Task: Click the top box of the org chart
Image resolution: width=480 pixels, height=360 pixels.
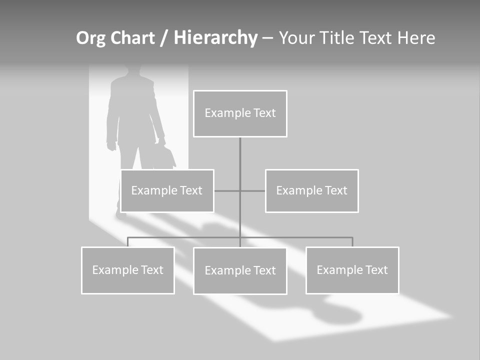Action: pos(240,113)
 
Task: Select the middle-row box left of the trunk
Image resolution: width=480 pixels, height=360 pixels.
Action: pos(167,191)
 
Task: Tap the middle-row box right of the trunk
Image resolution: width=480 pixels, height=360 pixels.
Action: pos(311,191)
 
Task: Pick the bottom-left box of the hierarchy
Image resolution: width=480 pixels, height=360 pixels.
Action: pos(127,270)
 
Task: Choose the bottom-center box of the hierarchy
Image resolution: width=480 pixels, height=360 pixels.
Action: pos(240,271)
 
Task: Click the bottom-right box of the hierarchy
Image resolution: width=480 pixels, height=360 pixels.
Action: pos(352,270)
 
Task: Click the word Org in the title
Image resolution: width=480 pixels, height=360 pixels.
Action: pos(90,38)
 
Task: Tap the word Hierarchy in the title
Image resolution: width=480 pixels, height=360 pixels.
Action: pos(215,38)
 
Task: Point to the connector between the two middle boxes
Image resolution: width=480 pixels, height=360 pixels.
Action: pos(240,191)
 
